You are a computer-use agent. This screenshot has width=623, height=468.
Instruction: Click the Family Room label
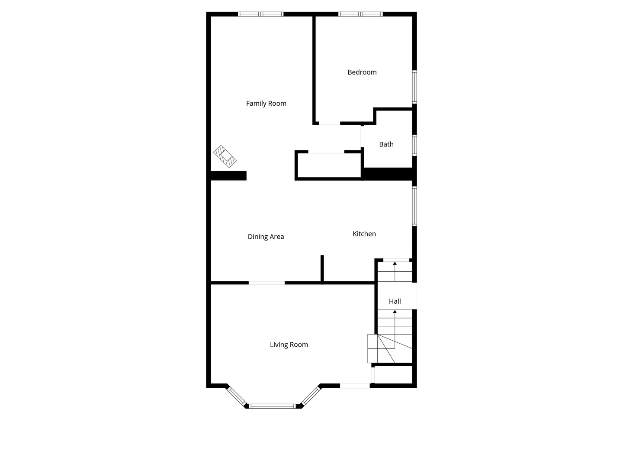pyautogui.click(x=266, y=104)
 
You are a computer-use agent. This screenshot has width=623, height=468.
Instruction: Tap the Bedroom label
pyautogui.click(x=362, y=72)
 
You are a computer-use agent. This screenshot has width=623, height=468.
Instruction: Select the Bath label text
pyautogui.click(x=386, y=144)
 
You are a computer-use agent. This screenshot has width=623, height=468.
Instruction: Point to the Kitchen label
pyautogui.click(x=364, y=234)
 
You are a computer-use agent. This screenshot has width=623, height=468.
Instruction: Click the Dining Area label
pyautogui.click(x=266, y=237)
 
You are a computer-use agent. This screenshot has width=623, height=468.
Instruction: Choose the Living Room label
pyautogui.click(x=289, y=345)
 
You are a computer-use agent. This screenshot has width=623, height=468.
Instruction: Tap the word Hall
pyautogui.click(x=395, y=302)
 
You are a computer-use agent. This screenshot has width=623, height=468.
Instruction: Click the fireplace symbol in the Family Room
pyautogui.click(x=225, y=156)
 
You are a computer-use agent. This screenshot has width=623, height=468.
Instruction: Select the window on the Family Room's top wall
pyautogui.click(x=261, y=14)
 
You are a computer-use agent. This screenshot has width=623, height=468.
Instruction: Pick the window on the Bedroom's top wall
pyautogui.click(x=361, y=14)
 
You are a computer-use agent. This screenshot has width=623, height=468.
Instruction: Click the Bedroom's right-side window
pyautogui.click(x=414, y=87)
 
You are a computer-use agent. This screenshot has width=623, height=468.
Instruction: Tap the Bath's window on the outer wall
pyautogui.click(x=414, y=145)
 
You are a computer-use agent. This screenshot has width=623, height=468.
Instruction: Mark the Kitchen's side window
pyautogui.click(x=414, y=206)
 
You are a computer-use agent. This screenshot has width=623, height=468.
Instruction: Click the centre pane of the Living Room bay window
pyautogui.click(x=272, y=406)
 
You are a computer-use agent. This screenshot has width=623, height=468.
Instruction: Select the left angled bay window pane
pyautogui.click(x=236, y=396)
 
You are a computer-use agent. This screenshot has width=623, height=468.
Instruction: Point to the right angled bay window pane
pyautogui.click(x=311, y=396)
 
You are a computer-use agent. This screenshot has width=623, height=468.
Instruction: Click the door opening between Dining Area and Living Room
pyautogui.click(x=267, y=283)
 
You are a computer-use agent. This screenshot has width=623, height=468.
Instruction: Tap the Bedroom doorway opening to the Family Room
pyautogui.click(x=330, y=123)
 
